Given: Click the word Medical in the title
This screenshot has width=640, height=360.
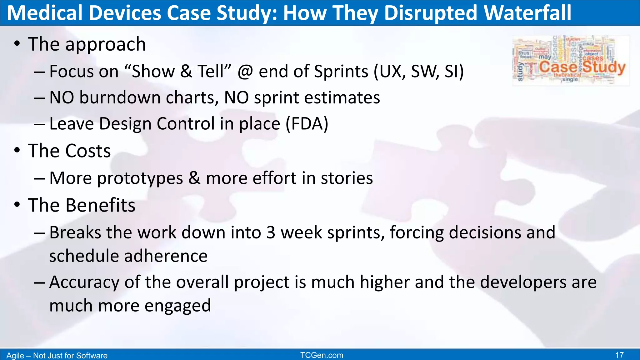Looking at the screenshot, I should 45,13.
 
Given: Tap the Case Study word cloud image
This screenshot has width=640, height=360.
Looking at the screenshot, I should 571,60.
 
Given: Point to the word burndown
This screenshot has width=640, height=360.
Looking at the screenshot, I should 120,97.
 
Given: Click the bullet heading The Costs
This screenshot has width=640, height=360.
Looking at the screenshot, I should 69,151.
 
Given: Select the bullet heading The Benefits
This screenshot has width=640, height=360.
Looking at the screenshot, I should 82,205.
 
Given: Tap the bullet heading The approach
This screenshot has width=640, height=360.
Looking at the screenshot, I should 87,44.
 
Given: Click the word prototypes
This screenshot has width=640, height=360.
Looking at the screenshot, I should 140,178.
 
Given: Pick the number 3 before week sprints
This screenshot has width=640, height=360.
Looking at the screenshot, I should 271,233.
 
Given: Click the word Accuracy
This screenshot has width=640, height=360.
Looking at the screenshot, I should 84,282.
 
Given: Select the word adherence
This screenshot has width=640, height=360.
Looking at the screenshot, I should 166,256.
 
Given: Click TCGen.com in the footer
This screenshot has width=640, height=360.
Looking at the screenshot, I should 322,355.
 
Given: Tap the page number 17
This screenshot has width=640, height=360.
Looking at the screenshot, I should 619,355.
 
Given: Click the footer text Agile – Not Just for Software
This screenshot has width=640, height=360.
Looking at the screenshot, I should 57,356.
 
